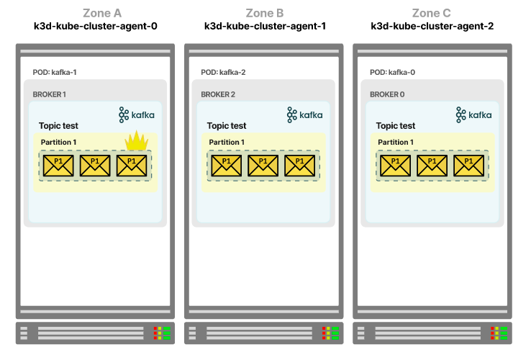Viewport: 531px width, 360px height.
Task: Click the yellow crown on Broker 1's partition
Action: tap(137, 140)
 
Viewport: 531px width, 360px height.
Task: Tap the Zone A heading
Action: tap(102, 13)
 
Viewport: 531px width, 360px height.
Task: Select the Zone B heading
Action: tap(265, 13)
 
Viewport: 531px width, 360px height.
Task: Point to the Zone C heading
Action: tap(431, 13)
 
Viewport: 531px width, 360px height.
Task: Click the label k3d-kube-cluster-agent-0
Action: tap(96, 26)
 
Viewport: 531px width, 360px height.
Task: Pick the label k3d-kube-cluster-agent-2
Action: tap(432, 26)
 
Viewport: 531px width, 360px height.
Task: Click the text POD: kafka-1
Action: tap(55, 72)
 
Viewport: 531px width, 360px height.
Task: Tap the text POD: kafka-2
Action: tap(223, 72)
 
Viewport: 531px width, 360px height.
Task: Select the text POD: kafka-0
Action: tap(392, 72)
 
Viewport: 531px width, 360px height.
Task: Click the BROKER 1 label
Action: tap(49, 94)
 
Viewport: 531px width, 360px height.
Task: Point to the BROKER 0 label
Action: tap(387, 94)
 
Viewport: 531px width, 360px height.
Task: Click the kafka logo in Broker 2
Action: tap(305, 115)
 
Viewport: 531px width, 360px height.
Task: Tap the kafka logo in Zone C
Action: tap(473, 115)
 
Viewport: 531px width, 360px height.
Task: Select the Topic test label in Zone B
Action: tap(227, 126)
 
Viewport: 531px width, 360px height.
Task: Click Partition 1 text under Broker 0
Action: tap(396, 142)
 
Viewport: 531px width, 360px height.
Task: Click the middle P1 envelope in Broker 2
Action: tap(263, 166)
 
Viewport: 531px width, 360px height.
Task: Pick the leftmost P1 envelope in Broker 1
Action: tap(58, 166)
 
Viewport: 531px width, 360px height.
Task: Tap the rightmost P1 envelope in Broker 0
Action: tap(468, 166)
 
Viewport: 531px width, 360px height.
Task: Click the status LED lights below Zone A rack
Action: tap(162, 333)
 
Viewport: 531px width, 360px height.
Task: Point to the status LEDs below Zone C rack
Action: tap(499, 333)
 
